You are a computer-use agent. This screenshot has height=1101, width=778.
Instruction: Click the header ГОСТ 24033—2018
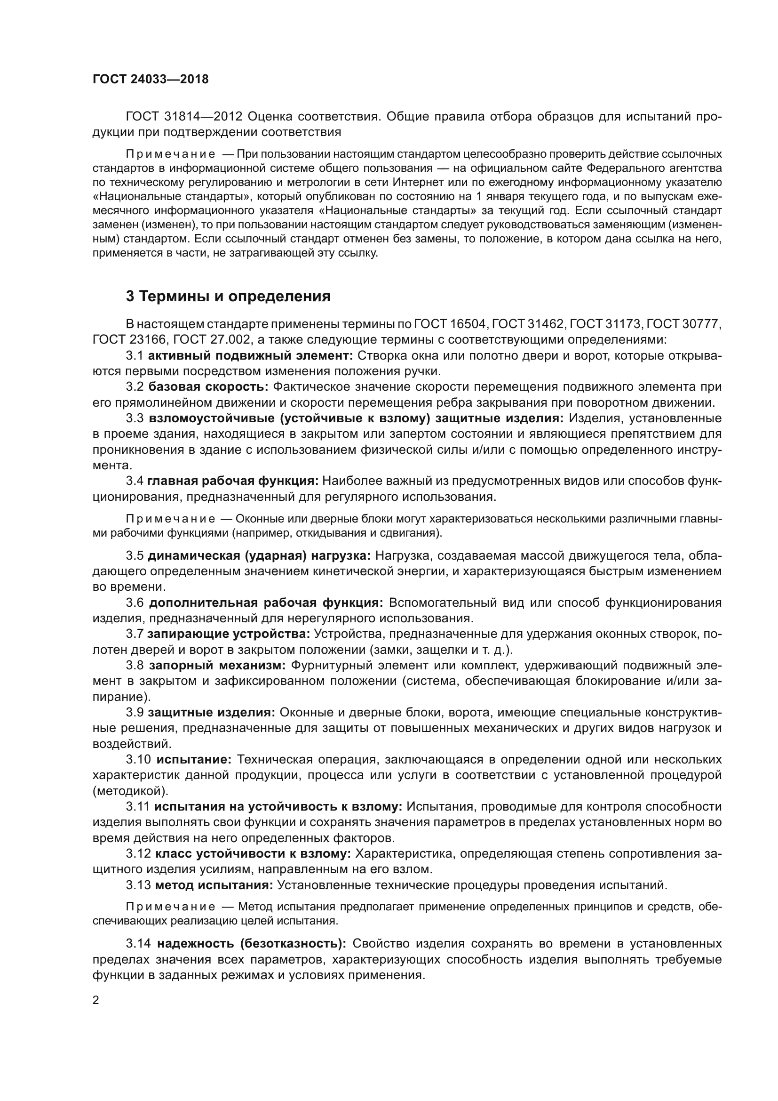151,80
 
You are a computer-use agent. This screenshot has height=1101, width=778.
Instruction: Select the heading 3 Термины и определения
228,297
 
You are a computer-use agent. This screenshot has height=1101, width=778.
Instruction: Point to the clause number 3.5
135,556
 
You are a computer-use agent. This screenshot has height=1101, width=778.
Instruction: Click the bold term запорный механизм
217,665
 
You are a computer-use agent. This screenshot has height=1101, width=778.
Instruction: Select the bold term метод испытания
214,885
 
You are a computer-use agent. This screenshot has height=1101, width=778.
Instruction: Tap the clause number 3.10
138,759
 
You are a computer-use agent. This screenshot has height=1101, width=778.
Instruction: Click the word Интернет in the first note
416,182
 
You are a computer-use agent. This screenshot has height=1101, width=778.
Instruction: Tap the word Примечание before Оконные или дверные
170,519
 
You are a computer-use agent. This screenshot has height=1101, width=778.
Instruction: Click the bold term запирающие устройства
229,634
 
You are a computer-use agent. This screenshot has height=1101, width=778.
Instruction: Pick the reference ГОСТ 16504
450,324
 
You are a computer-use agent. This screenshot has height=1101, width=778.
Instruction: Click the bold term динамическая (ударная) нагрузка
259,556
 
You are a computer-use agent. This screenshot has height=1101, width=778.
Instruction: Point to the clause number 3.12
138,853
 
